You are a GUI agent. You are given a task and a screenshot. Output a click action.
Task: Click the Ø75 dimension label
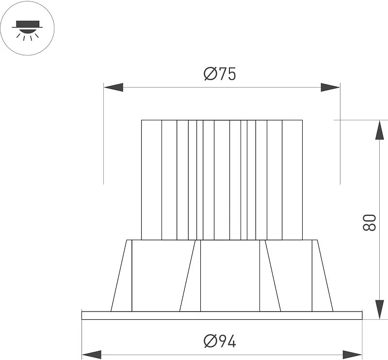click(220, 74)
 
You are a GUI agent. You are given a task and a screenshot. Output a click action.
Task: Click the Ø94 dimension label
click(220, 341)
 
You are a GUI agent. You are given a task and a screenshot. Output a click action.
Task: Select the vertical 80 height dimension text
click(369, 223)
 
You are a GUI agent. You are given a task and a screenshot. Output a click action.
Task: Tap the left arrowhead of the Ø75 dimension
click(113, 87)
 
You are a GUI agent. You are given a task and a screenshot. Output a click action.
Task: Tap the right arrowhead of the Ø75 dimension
click(330, 87)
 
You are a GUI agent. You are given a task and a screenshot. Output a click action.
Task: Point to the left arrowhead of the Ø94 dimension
click(92, 355)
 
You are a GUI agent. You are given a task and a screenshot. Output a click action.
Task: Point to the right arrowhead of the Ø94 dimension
click(352, 355)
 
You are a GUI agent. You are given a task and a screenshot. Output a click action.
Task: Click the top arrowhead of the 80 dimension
click(380, 130)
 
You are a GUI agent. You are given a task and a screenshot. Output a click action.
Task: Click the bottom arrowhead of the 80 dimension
click(380, 310)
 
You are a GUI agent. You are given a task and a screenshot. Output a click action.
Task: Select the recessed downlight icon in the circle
click(27, 30)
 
